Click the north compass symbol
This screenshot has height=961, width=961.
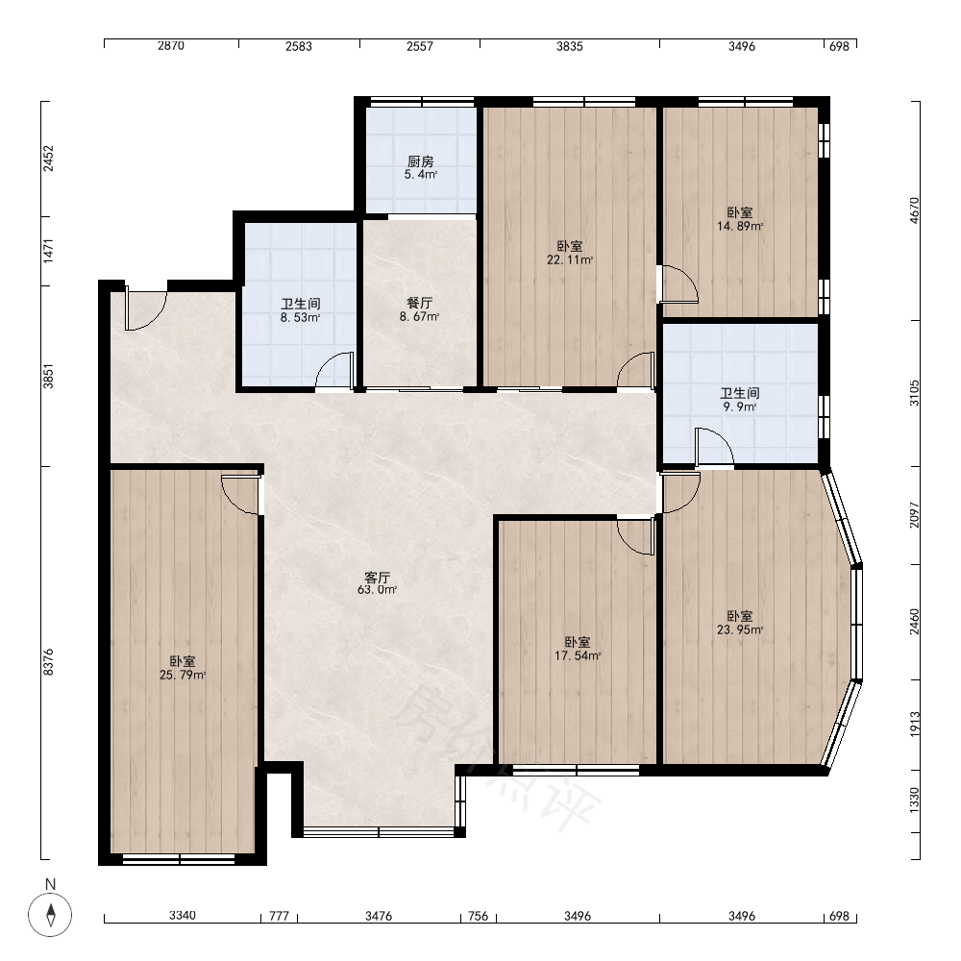(x=50, y=915)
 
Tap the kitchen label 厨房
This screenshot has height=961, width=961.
(x=421, y=161)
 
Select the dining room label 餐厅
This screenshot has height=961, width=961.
(x=420, y=303)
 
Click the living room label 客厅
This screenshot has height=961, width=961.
(x=378, y=578)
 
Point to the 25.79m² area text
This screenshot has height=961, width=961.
(x=183, y=676)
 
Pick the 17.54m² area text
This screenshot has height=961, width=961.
(x=578, y=655)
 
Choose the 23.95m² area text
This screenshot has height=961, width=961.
(x=740, y=629)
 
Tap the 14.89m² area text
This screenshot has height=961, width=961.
(x=740, y=226)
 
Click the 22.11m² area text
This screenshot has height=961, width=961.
(x=570, y=259)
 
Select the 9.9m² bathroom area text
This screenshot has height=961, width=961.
(x=740, y=407)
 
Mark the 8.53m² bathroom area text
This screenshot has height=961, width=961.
(x=300, y=317)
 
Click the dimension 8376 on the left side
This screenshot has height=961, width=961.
(x=49, y=662)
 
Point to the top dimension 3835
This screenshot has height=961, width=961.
(x=569, y=46)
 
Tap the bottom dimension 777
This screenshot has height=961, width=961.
(x=279, y=916)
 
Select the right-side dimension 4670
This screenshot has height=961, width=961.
(x=915, y=210)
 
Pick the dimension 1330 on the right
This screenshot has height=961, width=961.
(x=915, y=801)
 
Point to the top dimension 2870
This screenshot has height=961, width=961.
(x=171, y=45)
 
